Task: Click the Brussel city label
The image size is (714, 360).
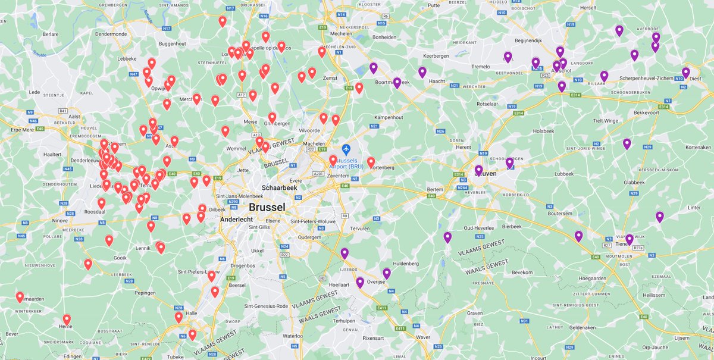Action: [267, 207]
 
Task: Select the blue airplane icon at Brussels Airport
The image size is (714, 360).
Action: [347, 148]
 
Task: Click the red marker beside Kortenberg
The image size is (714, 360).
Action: [371, 162]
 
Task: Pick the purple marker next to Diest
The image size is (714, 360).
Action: [685, 73]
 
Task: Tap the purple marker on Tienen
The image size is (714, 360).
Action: [630, 239]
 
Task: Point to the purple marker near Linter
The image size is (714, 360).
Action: [660, 217]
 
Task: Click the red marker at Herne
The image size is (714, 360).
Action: [67, 320]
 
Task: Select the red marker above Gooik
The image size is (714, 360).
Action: [109, 240]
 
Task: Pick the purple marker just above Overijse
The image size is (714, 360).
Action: [387, 273]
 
